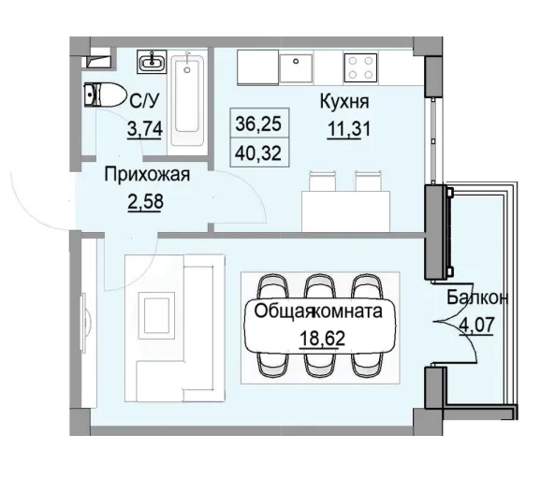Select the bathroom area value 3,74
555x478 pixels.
(145, 130)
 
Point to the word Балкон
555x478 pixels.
(476, 299)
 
